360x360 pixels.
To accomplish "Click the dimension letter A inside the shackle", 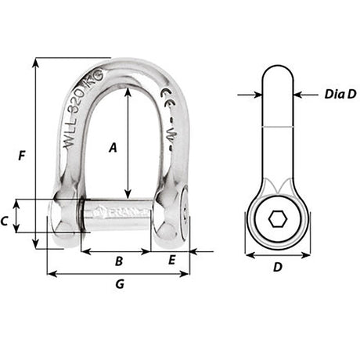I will pyautogui.click(x=113, y=146).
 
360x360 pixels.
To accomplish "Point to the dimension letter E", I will pyautogui.click(x=171, y=261).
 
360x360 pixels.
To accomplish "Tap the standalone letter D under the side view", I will pyautogui.click(x=277, y=267).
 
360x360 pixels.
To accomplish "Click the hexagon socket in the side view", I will pyautogui.click(x=277, y=220).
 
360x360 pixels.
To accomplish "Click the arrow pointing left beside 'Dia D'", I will pyautogui.click(x=297, y=95).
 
